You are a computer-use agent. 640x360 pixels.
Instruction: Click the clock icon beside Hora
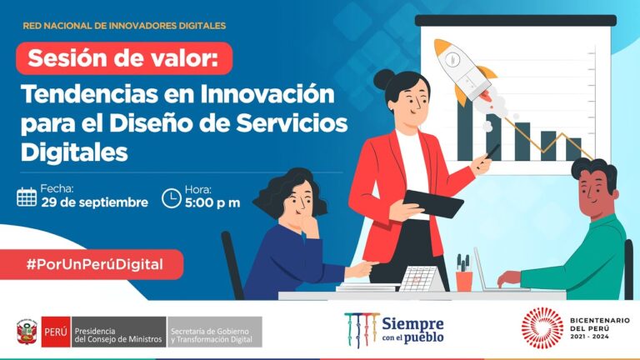[170, 197]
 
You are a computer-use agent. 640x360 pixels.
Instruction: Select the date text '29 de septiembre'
[94, 202]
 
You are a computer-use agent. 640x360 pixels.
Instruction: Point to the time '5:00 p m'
[212, 202]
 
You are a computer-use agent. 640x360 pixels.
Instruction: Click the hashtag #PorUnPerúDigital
[92, 264]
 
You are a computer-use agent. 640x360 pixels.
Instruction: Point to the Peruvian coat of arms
[26, 332]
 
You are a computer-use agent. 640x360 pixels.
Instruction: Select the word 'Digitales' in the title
[75, 152]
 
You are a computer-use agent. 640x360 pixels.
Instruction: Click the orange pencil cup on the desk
[464, 279]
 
